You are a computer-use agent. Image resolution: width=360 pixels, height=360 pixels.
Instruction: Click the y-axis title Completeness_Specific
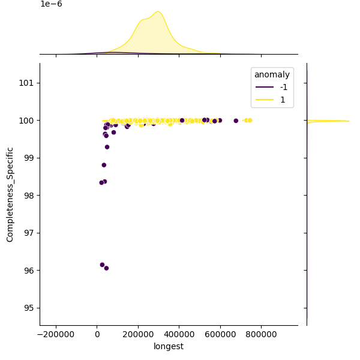point(10,194)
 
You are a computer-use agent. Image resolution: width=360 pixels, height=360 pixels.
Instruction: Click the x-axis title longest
point(169,346)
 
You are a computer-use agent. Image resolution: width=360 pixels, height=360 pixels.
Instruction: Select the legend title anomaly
point(272,75)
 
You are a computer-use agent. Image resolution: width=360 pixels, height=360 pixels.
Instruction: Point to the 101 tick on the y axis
point(28,83)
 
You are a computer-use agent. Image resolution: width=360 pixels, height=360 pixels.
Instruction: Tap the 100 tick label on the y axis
point(28,121)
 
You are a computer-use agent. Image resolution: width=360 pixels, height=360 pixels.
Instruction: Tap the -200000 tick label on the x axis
point(56,334)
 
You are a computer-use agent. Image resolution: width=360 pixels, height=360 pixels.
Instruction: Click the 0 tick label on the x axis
point(97,334)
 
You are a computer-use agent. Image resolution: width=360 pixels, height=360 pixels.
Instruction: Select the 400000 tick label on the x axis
point(179,334)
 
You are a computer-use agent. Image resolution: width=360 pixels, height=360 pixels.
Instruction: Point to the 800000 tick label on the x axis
point(262,334)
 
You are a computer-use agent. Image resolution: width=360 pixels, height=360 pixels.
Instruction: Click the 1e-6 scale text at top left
point(51,4)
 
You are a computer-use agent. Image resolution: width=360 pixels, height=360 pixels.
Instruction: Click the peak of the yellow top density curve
point(158,11)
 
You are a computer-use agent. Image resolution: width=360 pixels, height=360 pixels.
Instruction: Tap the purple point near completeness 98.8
point(104,165)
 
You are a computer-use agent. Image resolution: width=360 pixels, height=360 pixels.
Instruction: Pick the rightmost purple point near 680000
point(236,121)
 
